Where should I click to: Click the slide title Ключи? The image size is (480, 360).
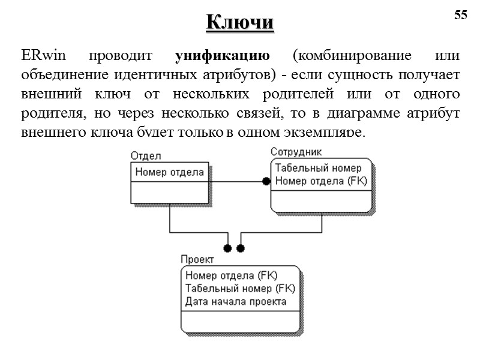coord(240,22)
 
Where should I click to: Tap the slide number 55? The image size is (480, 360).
coord(460,16)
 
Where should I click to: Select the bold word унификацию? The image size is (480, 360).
coord(222,57)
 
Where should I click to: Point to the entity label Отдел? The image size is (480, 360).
coord(145,156)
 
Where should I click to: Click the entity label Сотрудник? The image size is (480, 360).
coord(296,152)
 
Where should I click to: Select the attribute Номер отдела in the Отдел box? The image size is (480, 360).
coord(170,172)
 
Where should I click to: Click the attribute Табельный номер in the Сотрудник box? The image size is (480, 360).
coord(318,168)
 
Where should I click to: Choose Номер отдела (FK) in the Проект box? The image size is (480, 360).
coord(232,276)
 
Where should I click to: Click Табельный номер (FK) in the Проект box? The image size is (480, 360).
coord(240,289)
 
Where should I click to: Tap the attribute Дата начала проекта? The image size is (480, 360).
coord(236,301)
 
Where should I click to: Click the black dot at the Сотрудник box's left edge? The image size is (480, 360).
coord(266,181)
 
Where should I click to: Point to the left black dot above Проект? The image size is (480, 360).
coord(227,248)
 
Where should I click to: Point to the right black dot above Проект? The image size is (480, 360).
coord(241,248)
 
